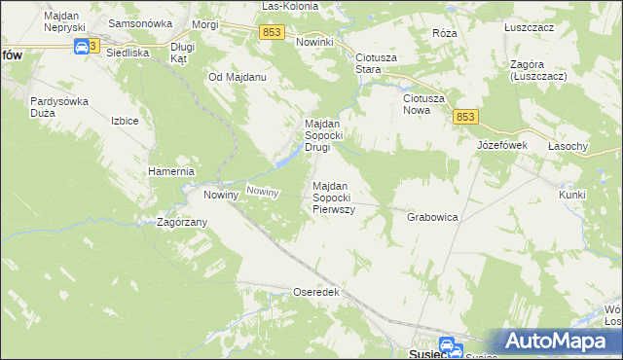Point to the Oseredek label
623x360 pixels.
click(x=315, y=291)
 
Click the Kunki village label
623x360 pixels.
click(x=571, y=195)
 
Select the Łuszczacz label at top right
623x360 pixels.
click(x=529, y=27)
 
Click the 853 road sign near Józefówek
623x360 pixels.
click(x=465, y=117)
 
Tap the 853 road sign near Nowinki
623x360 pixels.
click(x=273, y=33)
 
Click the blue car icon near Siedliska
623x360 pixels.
click(x=78, y=47)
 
